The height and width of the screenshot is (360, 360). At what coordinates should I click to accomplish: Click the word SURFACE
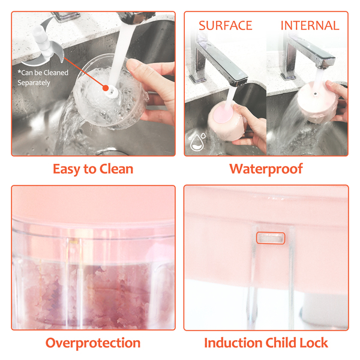coord(225,25)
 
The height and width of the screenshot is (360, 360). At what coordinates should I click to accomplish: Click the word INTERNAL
coord(310,25)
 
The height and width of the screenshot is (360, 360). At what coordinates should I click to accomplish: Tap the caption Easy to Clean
coord(93,169)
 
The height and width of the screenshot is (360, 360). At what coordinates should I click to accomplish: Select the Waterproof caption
coord(266,169)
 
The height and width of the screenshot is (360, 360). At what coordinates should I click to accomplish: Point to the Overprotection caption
coord(93,343)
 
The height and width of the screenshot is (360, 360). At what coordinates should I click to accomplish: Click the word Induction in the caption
coord(233,343)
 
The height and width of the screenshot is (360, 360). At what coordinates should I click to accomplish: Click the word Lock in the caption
coord(314,343)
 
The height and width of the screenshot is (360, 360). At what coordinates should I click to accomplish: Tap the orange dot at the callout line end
coord(106,88)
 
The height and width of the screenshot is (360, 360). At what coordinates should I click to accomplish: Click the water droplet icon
coord(197,142)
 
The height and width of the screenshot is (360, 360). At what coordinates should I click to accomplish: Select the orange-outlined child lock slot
coord(271,238)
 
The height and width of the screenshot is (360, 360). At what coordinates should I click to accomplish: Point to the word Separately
coord(34,83)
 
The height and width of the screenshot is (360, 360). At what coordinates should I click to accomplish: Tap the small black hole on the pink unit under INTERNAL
coord(316,94)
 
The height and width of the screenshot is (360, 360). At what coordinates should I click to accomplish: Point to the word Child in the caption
coord(281,343)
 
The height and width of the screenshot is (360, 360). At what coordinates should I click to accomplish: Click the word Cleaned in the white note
coord(56,73)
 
